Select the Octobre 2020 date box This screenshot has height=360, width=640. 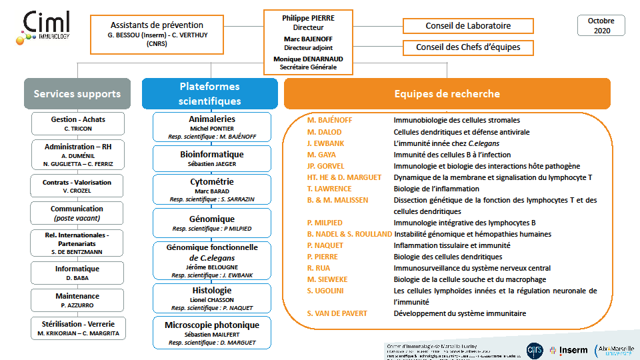[601, 25]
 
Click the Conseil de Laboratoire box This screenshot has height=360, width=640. [468, 26]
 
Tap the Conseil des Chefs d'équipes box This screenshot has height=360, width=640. [468, 47]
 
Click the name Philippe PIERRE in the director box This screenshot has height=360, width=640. [307, 18]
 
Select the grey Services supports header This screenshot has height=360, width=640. [77, 94]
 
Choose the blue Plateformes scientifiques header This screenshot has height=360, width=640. [209, 94]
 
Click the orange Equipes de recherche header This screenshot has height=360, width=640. [447, 94]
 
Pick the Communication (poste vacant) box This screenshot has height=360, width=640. [77, 213]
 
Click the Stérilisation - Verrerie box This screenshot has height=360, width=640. [77, 328]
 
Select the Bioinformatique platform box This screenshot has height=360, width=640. [212, 159]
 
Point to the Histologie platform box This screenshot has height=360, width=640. [212, 299]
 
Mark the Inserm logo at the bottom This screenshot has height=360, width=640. [573, 349]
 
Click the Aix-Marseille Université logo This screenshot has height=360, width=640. [613, 349]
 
